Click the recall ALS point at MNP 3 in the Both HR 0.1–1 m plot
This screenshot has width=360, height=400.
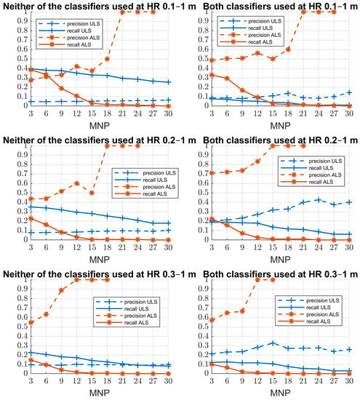point(195,74)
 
